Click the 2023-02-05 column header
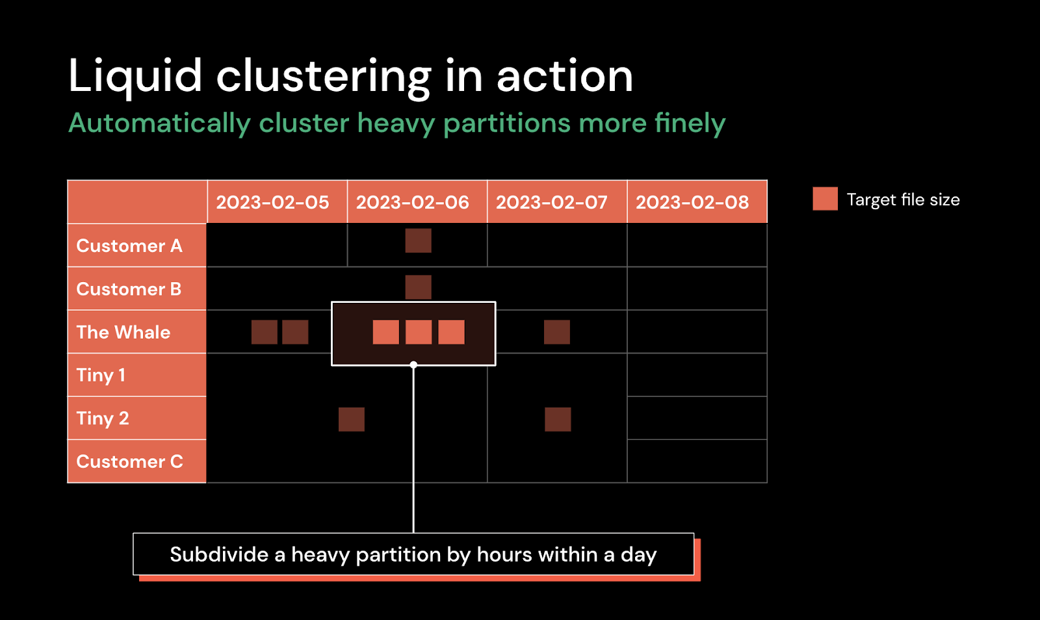coord(272,202)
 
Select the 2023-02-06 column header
coord(412,202)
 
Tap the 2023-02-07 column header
coord(552,202)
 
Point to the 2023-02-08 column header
coord(692,202)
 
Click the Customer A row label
coord(129,246)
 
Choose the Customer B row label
coord(129,289)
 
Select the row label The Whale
coord(123,332)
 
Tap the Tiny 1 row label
coord(101,376)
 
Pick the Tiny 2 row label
coord(103,419)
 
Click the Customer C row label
coord(130,462)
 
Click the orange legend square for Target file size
coord(825,199)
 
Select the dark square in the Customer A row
coord(419,240)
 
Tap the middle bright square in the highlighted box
coord(419,332)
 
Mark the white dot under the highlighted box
coord(413,365)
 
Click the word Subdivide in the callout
coord(219,554)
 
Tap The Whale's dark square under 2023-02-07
coord(556,332)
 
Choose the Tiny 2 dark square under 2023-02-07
coord(558,420)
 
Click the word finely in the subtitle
coord(690,124)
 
